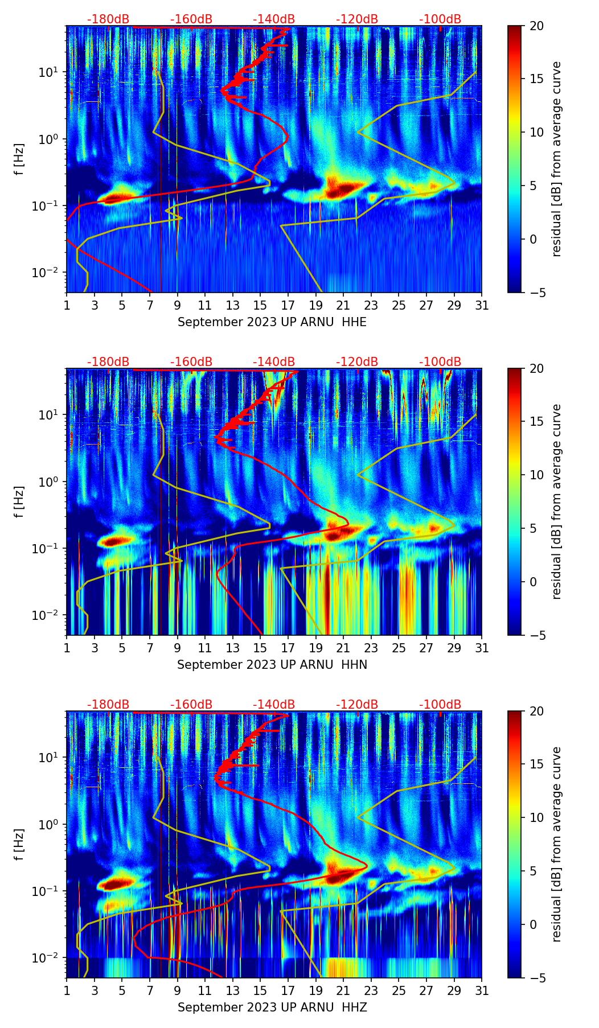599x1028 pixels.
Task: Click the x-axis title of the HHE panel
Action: [x=272, y=322]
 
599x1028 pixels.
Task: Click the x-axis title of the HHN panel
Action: [x=272, y=665]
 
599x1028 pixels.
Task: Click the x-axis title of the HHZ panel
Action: [x=272, y=1008]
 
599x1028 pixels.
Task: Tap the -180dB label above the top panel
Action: [x=108, y=19]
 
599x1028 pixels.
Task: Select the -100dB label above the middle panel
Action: [x=440, y=362]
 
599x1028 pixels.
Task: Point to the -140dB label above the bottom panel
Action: [x=274, y=705]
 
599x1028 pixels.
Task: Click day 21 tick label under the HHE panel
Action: [x=343, y=305]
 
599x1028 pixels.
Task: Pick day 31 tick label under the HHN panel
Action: [x=482, y=648]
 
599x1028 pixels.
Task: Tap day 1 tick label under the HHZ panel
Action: [x=67, y=990]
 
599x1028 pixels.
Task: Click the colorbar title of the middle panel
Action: [x=556, y=501]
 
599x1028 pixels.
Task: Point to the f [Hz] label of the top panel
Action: [x=19, y=159]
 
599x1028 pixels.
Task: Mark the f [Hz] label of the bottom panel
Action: [x=19, y=844]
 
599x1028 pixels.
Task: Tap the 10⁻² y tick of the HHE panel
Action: [x=51, y=273]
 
